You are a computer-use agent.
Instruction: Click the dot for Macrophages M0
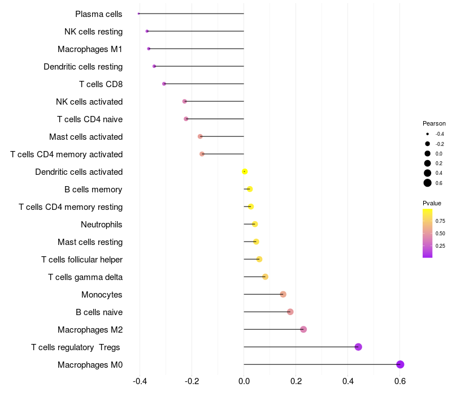pyautogui.click(x=400, y=364)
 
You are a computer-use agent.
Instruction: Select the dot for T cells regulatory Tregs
pyautogui.click(x=358, y=347)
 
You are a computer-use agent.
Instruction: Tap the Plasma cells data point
pyautogui.click(x=139, y=14)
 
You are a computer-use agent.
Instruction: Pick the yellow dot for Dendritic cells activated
pyautogui.click(x=245, y=171)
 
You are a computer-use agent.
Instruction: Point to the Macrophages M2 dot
pyautogui.click(x=303, y=329)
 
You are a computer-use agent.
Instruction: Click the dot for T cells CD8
pyautogui.click(x=164, y=84)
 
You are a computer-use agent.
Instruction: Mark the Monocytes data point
pyautogui.click(x=283, y=294)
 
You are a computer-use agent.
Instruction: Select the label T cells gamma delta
pyautogui.click(x=85, y=277)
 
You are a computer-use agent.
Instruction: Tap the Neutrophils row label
pyautogui.click(x=102, y=225)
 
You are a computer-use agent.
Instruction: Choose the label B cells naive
pyautogui.click(x=99, y=312)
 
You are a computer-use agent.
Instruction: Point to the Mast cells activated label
pyautogui.click(x=86, y=137)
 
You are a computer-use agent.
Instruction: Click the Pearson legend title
pyautogui.click(x=434, y=123)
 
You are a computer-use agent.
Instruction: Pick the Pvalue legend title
pyautogui.click(x=432, y=203)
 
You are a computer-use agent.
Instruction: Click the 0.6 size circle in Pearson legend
pyautogui.click(x=428, y=183)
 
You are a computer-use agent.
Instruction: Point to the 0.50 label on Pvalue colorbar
pyautogui.click(x=440, y=233)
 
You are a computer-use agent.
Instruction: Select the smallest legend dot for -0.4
pyautogui.click(x=428, y=134)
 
